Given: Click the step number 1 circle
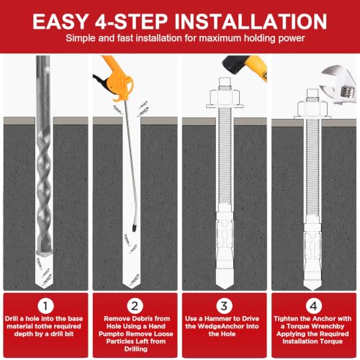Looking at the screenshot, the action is (45, 306).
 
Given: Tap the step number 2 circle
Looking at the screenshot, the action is (135, 306).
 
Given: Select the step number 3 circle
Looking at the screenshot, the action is (224, 306).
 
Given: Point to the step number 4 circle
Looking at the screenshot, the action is (313, 306).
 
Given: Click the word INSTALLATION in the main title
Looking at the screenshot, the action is (251, 22).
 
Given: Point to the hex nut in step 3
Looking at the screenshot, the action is (225, 97).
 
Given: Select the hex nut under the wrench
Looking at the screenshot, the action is (312, 108).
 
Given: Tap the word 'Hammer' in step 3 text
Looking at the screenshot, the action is (218, 319).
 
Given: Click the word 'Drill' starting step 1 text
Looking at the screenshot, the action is (12, 319).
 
